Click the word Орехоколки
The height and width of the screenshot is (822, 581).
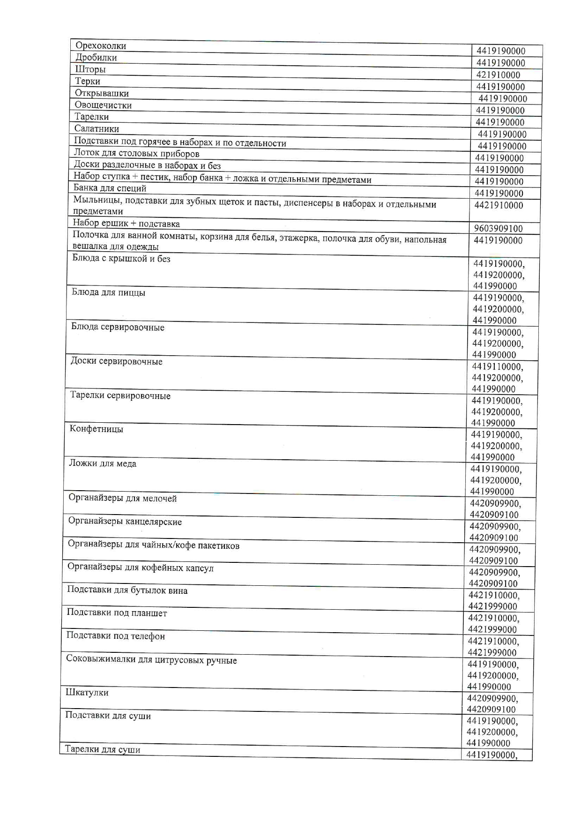point(101,46)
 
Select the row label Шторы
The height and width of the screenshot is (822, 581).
point(90,69)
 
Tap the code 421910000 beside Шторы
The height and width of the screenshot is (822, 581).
point(498,75)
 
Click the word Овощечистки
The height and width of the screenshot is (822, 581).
point(103,105)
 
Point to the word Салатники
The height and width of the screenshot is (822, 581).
point(97,129)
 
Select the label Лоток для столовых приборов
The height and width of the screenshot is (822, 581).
point(136,153)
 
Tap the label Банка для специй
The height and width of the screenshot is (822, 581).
point(110,188)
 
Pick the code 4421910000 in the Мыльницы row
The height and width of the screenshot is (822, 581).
point(499,205)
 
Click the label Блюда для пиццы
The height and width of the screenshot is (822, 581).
point(108,293)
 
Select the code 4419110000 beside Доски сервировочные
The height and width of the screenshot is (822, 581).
point(498,366)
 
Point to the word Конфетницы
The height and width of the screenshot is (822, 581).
point(97,429)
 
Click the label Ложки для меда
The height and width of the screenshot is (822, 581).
point(103,463)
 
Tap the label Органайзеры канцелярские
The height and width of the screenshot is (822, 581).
point(125,522)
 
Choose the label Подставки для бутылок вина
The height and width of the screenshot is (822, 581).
point(127,590)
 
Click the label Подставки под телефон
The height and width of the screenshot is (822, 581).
point(115,636)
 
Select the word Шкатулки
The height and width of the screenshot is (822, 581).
point(87,693)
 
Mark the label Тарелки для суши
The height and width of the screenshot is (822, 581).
point(103,749)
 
